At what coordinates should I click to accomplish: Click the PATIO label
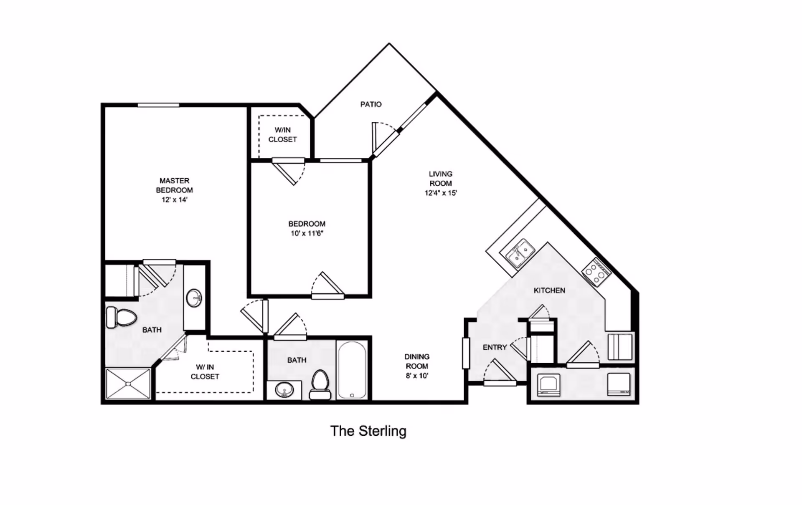pos(371,104)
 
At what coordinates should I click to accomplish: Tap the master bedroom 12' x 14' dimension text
pos(175,200)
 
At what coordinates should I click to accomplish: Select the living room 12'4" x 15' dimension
pos(441,193)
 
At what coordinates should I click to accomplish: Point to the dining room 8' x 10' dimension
pos(417,376)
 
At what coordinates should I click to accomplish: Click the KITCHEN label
pos(549,290)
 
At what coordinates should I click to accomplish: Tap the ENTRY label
pos(495,347)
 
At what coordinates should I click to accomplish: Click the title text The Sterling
pos(368,431)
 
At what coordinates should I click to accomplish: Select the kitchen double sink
pos(520,253)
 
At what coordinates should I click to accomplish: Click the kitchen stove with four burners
pos(596,272)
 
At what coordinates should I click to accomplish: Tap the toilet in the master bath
pos(122,318)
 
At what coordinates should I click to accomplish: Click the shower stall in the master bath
pos(128,384)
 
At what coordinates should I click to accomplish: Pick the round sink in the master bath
pos(194,298)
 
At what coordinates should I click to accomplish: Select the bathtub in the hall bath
pos(352,370)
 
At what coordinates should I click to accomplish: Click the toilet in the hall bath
pos(320,385)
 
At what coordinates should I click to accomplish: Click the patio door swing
pos(384,138)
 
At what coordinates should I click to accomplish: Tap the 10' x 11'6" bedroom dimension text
pos(307,234)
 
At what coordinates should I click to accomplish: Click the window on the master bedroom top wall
pos(158,105)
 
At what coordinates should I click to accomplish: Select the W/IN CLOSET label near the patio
pos(283,135)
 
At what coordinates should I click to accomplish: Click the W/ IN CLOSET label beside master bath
pos(205,372)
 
